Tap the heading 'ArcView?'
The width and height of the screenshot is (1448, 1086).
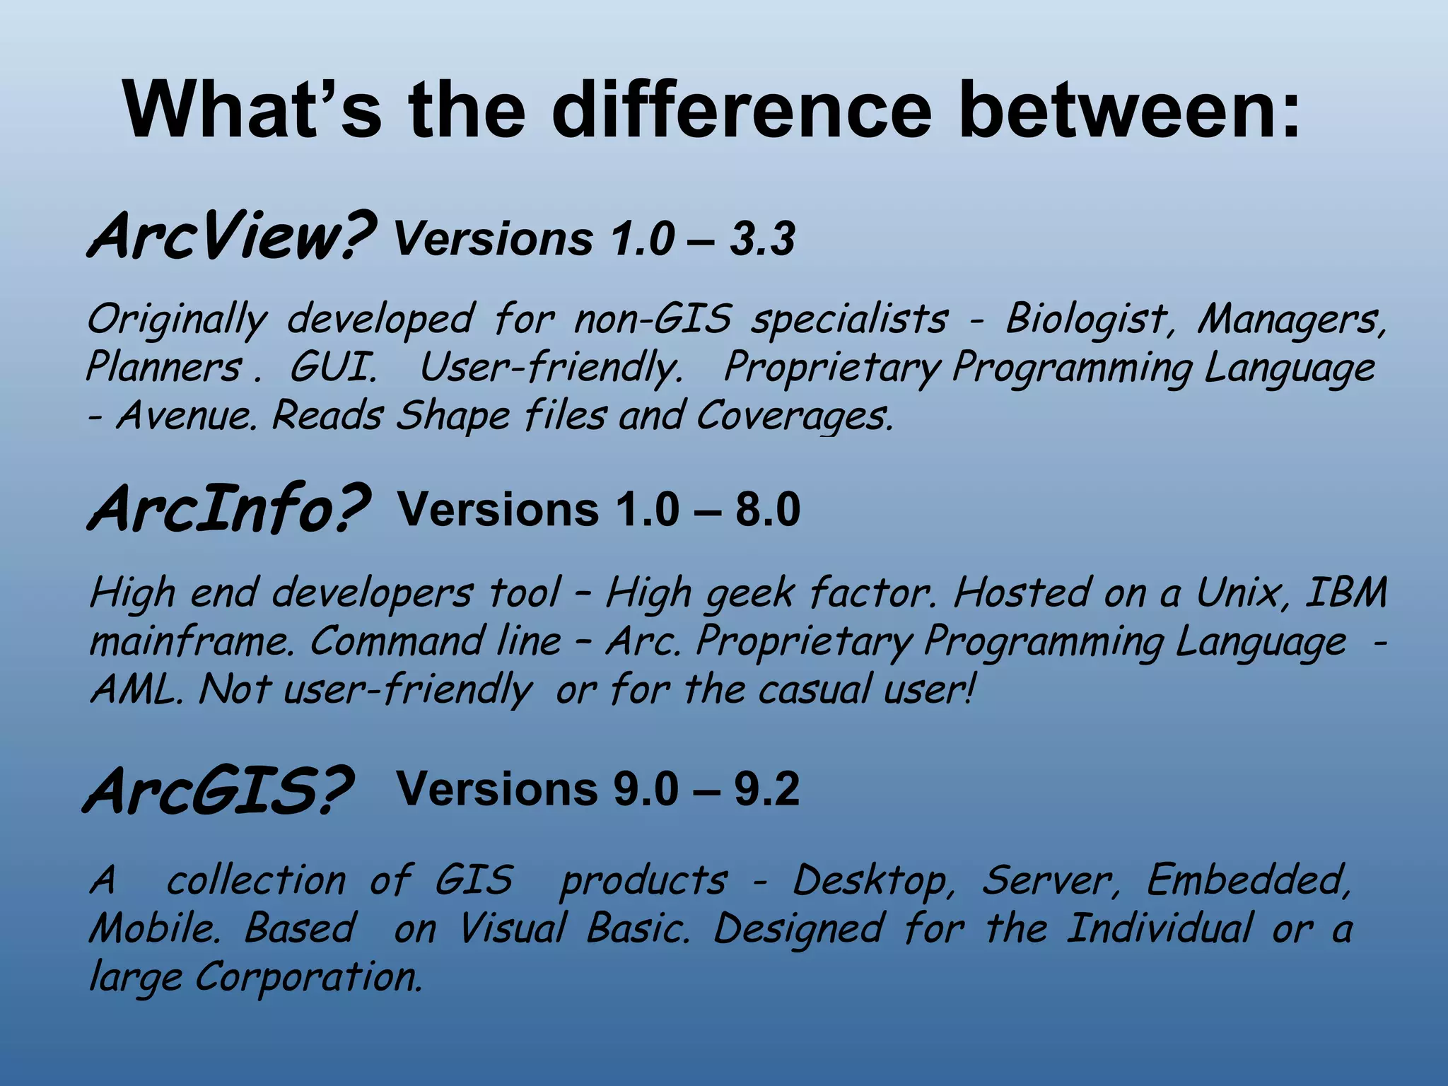(230, 236)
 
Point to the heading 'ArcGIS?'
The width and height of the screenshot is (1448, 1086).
(218, 790)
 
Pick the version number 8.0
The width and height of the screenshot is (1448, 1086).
(767, 509)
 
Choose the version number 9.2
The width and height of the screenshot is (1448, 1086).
(766, 789)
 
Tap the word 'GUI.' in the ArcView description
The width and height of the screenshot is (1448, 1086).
(333, 368)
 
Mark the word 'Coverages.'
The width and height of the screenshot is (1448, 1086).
(795, 416)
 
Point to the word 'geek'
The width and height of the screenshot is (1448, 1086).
(749, 594)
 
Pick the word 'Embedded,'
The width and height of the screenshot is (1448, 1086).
(1248, 881)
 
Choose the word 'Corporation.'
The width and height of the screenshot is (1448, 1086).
(308, 978)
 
